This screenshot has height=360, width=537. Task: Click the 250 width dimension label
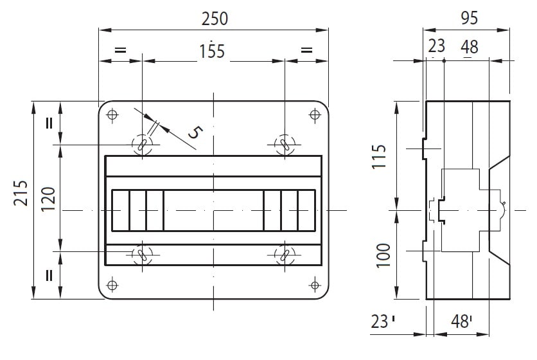(215, 19)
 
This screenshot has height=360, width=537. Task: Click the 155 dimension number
(213, 51)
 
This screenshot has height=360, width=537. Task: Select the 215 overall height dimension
(21, 193)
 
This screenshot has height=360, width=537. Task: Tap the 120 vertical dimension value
(48, 199)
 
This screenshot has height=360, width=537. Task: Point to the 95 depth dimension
(469, 18)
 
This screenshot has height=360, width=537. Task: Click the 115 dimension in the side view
(379, 157)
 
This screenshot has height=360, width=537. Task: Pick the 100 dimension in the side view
(383, 255)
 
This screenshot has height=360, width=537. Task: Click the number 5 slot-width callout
(195, 132)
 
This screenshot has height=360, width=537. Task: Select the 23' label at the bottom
(383, 321)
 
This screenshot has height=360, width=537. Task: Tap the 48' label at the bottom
(461, 321)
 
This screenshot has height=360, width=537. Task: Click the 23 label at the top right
(436, 46)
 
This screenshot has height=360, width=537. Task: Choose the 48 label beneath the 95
(469, 47)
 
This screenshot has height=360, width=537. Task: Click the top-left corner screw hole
(112, 114)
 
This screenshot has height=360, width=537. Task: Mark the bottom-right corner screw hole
(315, 285)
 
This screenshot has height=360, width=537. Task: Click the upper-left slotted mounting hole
(142, 145)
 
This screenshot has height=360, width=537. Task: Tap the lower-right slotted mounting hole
(285, 255)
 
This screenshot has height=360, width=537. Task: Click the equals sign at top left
(120, 50)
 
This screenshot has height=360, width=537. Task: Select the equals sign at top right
(306, 50)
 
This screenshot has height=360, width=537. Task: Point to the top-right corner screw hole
(315, 114)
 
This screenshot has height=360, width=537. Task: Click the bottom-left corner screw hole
(112, 285)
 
